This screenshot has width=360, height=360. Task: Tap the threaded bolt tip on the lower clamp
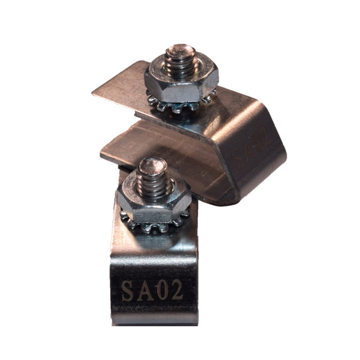pyautogui.click(x=152, y=176)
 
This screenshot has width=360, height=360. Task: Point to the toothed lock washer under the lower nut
pyautogui.click(x=155, y=224)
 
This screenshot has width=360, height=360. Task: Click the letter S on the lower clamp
pyautogui.click(x=127, y=291)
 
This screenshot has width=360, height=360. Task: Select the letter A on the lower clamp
pyautogui.click(x=144, y=291)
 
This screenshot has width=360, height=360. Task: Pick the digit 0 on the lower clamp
pyautogui.click(x=161, y=291)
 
